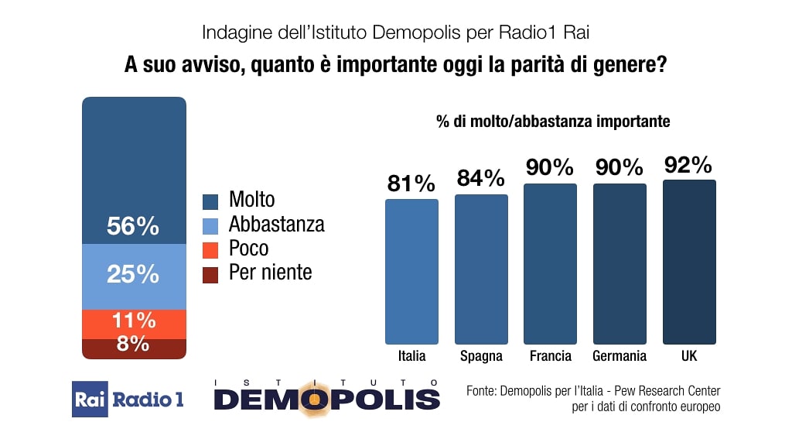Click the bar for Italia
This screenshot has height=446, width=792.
[x=411, y=271]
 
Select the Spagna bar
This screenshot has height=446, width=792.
[x=481, y=269]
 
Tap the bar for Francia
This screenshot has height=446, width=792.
[x=550, y=263]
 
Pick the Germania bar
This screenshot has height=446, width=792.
[x=620, y=263]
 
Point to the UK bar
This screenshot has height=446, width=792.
[x=689, y=262]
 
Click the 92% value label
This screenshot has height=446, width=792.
[x=688, y=165]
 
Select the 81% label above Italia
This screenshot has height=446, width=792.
[x=411, y=184]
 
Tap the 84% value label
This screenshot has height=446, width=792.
[x=480, y=179]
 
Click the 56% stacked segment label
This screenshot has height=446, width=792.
[x=133, y=227]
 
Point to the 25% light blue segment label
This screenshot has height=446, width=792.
[x=133, y=274]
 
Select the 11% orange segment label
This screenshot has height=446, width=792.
[x=133, y=321]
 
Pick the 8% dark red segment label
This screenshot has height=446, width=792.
[x=133, y=345]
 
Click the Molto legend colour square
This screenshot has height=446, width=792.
[x=210, y=201]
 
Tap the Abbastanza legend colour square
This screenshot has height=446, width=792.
[x=210, y=225]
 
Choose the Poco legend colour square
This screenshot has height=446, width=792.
[x=210, y=249]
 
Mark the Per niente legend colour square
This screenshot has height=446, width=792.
[x=210, y=273]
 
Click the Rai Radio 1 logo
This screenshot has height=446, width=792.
[x=128, y=400]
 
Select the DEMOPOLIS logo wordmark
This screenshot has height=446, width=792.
[x=326, y=399]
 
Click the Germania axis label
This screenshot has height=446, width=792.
[x=619, y=356]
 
